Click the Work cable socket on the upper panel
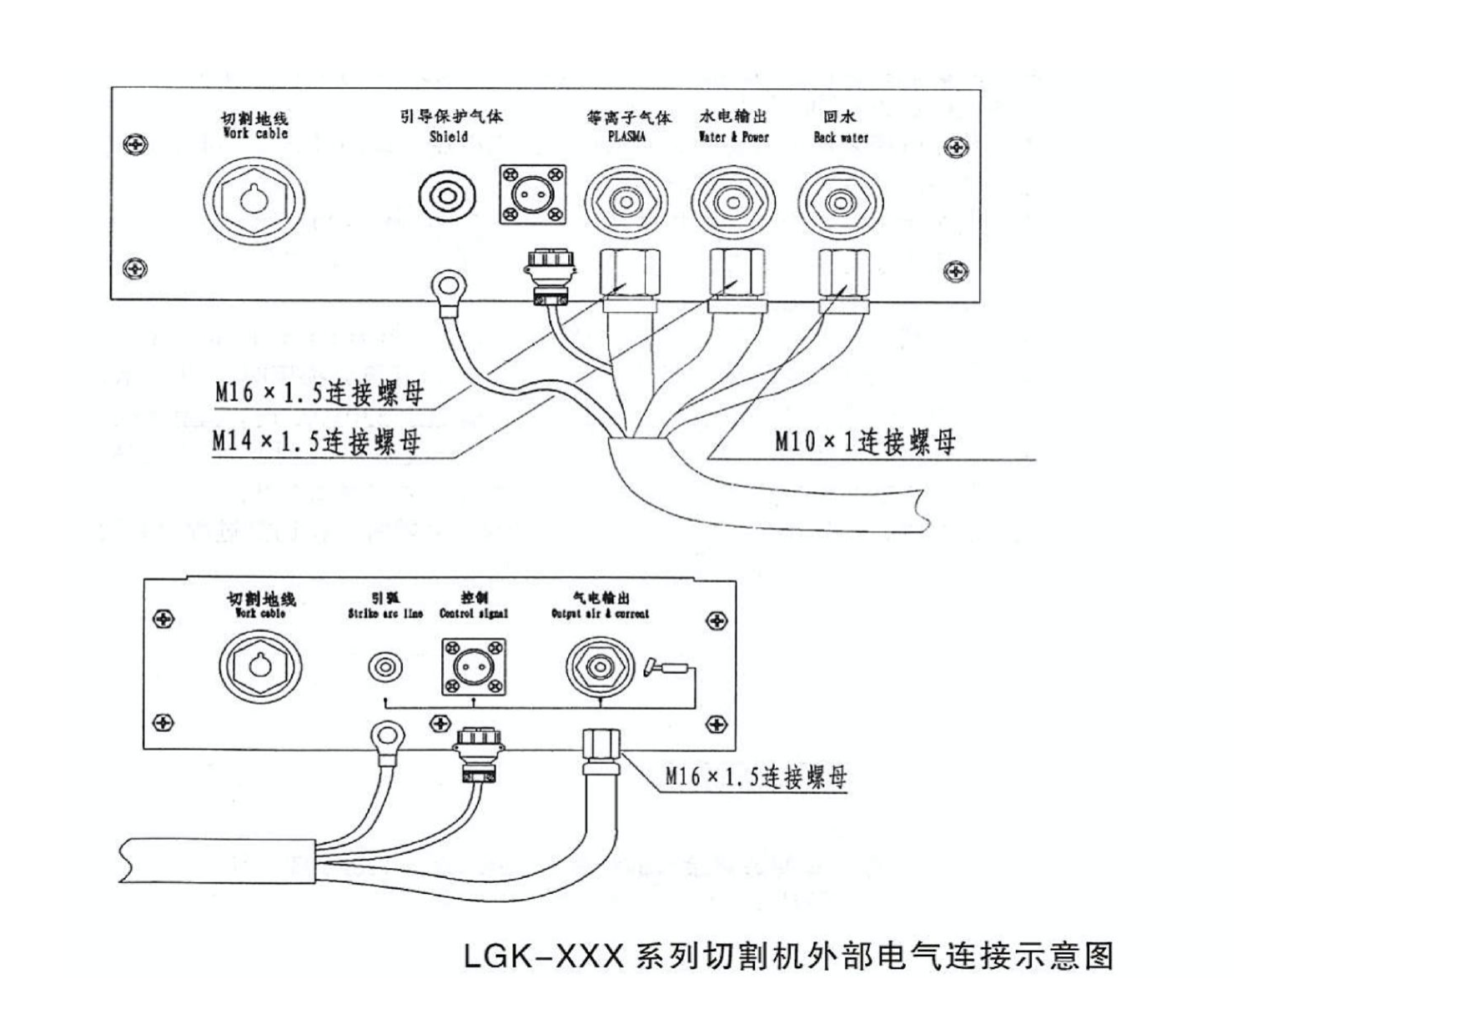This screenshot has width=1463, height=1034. [254, 201]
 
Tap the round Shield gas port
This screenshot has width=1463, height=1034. [447, 198]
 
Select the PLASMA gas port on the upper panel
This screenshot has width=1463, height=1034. [626, 203]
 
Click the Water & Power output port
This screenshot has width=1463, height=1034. [733, 203]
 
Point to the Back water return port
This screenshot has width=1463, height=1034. [840, 203]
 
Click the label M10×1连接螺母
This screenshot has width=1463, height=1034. [865, 441]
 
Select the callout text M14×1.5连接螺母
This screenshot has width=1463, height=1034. [316, 440]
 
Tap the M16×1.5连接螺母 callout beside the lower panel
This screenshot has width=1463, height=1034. [756, 776]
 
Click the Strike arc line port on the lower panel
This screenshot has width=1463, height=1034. [385, 667]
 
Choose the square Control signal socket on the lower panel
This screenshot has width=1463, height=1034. [473, 666]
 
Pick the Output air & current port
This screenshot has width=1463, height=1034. [601, 667]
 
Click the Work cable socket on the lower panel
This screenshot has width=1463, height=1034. [260, 666]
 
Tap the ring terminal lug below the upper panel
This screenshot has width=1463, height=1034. [448, 286]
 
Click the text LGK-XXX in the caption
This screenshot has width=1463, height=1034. [543, 956]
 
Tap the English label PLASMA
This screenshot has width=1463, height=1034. [626, 137]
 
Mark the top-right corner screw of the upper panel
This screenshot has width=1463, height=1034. [956, 148]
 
